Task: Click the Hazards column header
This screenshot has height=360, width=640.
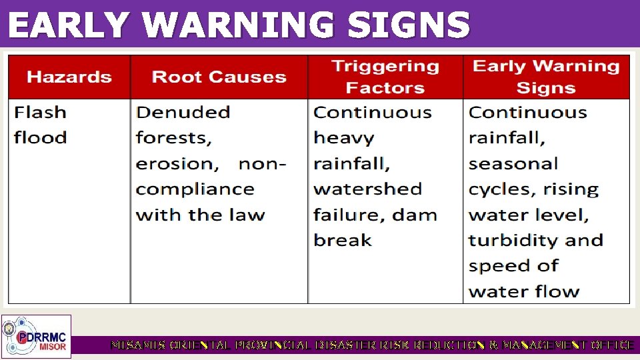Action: pyautogui.click(x=69, y=77)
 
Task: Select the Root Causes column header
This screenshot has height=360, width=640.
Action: pyautogui.click(x=219, y=77)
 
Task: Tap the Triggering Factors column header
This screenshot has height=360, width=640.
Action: pyautogui.click(x=385, y=77)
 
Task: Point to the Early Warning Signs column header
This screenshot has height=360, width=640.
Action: pyautogui.click(x=546, y=77)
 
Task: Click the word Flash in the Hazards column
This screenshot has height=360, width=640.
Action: pyautogui.click(x=41, y=112)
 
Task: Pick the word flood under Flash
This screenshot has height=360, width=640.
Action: pyautogui.click(x=41, y=138)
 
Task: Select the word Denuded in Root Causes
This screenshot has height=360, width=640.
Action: pyautogui.click(x=183, y=112)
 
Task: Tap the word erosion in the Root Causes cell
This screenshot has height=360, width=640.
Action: pyautogui.click(x=175, y=164)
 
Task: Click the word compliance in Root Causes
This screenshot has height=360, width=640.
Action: pyautogui.click(x=195, y=189)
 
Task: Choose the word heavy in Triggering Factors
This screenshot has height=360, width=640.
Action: pyautogui.click(x=344, y=138)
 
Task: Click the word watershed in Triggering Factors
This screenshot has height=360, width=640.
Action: pyautogui.click(x=367, y=189)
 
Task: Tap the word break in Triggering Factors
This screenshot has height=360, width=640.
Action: pyautogui.click(x=342, y=240)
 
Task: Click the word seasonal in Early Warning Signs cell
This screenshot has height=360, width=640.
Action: pyautogui.click(x=513, y=164)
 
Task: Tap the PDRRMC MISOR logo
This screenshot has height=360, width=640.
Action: pyautogui.click(x=36, y=336)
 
